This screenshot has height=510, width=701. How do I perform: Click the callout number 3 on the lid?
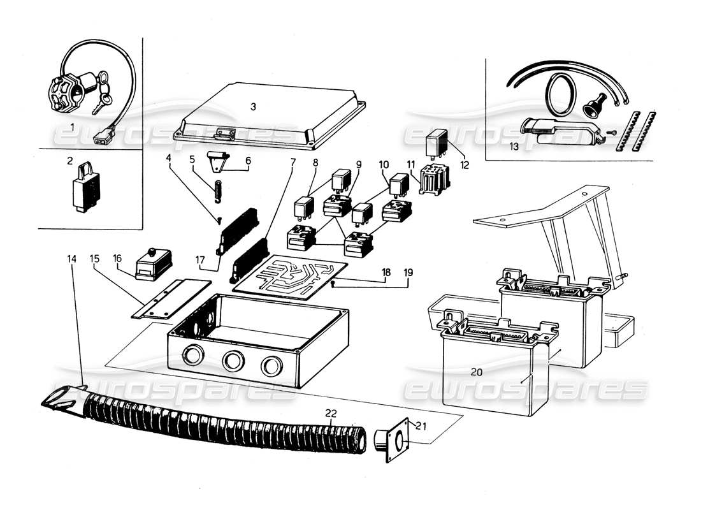253,106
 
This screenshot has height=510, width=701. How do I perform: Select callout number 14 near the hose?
71,259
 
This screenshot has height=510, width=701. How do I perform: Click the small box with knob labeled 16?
152,262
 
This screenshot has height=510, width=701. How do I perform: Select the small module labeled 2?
88,189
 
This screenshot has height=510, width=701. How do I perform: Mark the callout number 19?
408,272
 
